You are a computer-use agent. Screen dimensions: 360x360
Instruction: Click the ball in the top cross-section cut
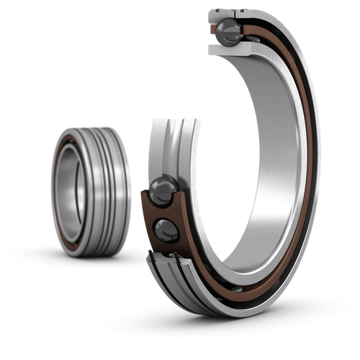pyautogui.click(x=230, y=30)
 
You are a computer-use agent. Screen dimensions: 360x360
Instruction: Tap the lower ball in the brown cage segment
pyautogui.click(x=166, y=230)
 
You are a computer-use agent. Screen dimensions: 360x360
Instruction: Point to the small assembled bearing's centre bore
pyautogui.click(x=73, y=191)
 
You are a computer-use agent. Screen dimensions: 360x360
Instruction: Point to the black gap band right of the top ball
pyautogui.click(x=248, y=30)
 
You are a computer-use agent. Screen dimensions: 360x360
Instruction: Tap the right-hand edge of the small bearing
pyautogui.click(x=130, y=191)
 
